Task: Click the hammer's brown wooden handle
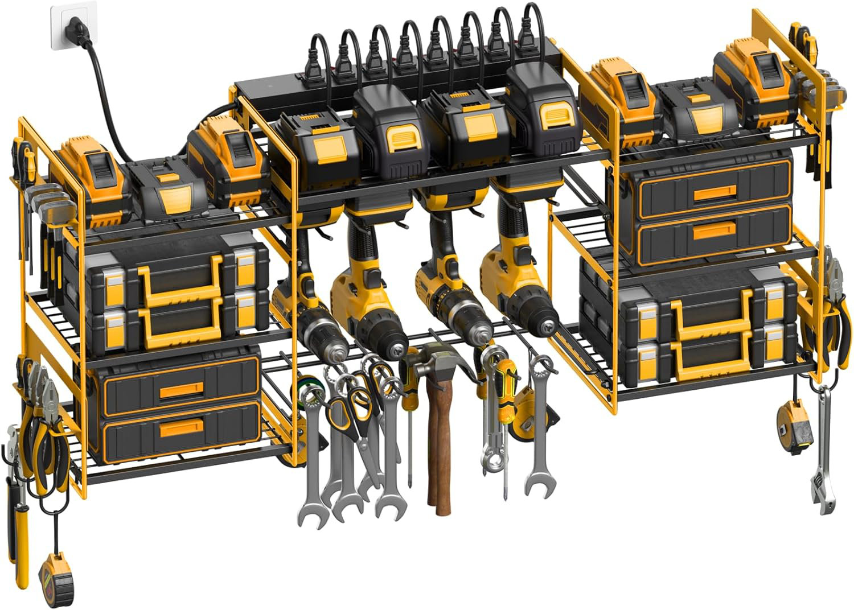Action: tap(439, 450)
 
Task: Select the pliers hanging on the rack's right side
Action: tap(831, 307)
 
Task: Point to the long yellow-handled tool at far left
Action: tap(19, 529)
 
